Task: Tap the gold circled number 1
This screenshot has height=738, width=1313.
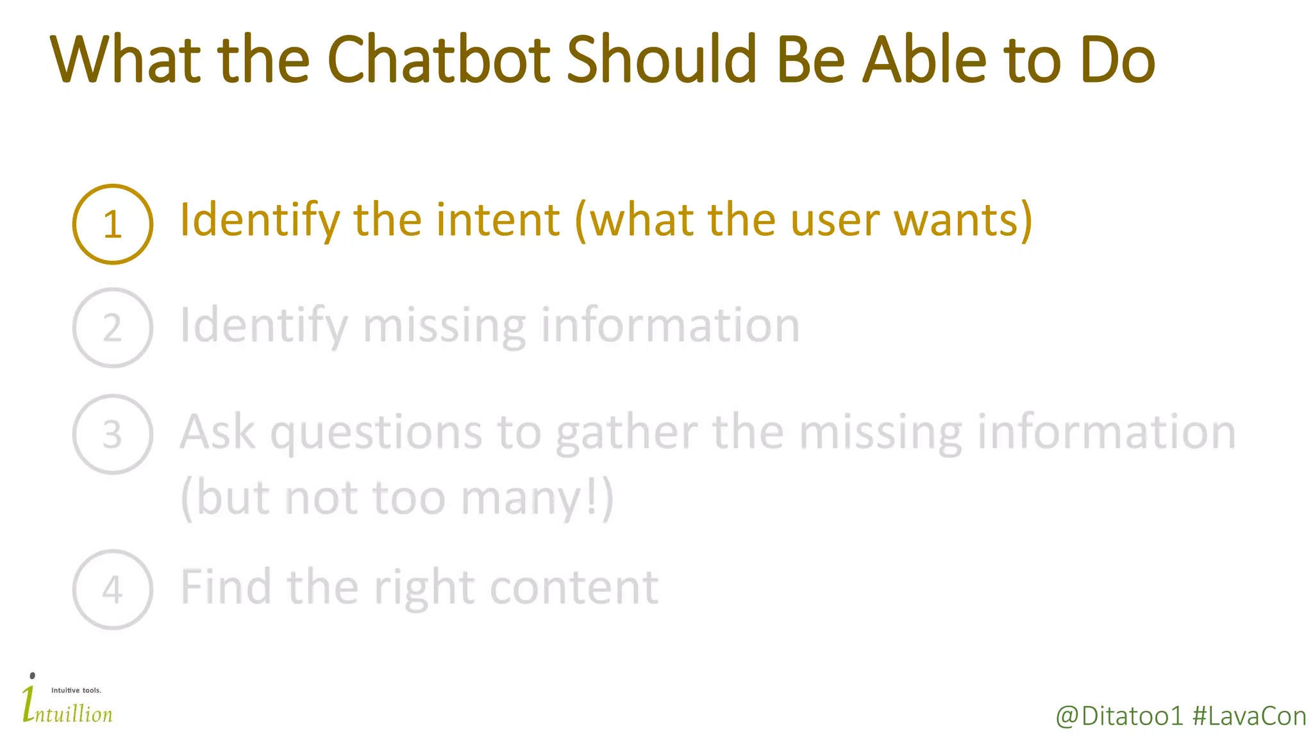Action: (x=113, y=224)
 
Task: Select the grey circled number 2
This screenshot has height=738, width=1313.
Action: (x=113, y=328)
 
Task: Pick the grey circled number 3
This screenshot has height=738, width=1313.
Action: (x=113, y=434)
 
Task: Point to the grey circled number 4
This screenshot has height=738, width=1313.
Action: (x=113, y=589)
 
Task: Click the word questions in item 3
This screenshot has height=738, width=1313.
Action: (x=376, y=433)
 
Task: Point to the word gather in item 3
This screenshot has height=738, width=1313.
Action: (x=626, y=433)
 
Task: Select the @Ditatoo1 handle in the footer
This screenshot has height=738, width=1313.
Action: (x=1119, y=716)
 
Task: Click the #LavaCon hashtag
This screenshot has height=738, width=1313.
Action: (x=1249, y=716)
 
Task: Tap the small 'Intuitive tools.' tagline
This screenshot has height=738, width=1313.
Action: (x=76, y=690)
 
